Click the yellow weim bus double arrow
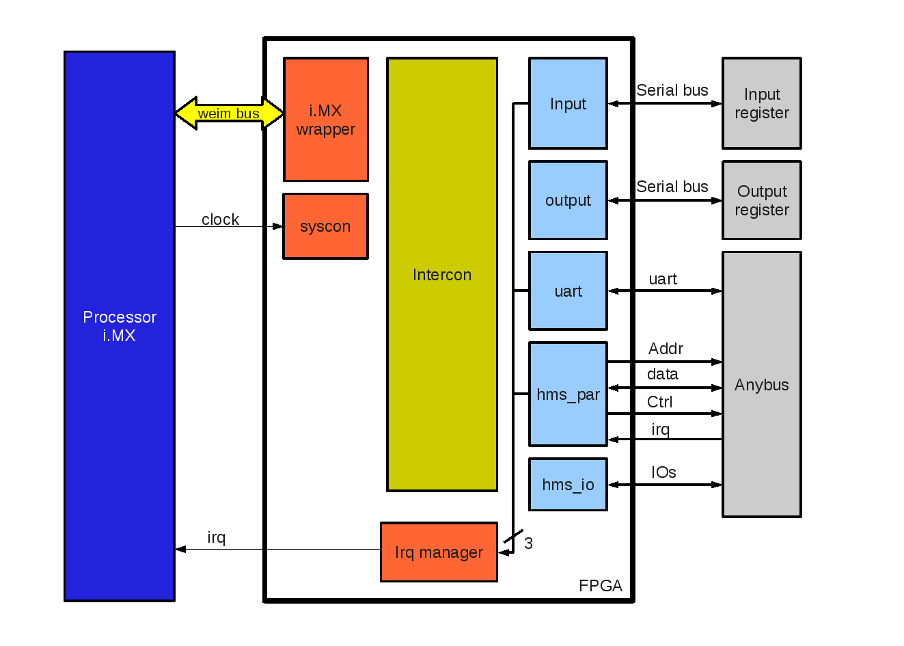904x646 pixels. [x=229, y=113]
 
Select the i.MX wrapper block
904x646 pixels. [x=326, y=120]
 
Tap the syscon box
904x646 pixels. [x=325, y=226]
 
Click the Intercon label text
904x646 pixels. [x=441, y=275]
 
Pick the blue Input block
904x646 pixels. [x=568, y=104]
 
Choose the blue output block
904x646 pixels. [x=568, y=200]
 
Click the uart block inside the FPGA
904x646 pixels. [x=568, y=291]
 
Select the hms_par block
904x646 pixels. [x=568, y=394]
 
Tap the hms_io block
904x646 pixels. [x=568, y=485]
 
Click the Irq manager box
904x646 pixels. [x=439, y=552]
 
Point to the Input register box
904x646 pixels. [x=761, y=103]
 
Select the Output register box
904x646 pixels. [x=761, y=200]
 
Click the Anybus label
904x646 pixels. [x=761, y=385]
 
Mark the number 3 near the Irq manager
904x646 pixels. [x=528, y=543]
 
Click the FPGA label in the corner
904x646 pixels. [x=600, y=586]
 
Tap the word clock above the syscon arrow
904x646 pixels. [x=220, y=219]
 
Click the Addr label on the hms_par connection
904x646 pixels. [x=666, y=349]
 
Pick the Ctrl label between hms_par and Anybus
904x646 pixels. [x=659, y=402]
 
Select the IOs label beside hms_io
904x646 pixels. [x=663, y=472]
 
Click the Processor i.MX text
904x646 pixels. [x=120, y=326]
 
